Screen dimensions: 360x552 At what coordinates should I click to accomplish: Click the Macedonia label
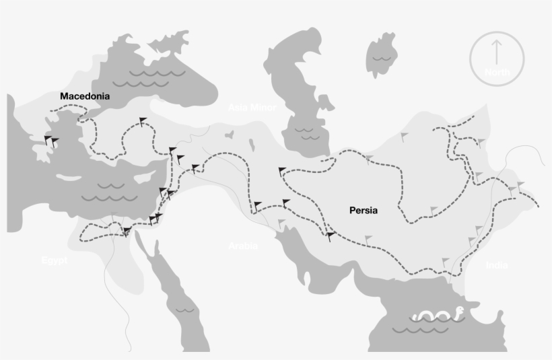pyautogui.click(x=85, y=96)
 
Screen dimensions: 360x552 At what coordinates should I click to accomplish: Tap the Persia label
pyautogui.click(x=364, y=211)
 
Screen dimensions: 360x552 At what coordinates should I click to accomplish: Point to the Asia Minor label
pyautogui.click(x=252, y=108)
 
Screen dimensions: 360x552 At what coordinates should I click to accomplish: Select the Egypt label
pyautogui.click(x=55, y=260)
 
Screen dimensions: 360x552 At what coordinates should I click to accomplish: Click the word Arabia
pyautogui.click(x=243, y=246)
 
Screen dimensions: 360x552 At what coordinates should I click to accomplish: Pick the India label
pyautogui.click(x=497, y=266)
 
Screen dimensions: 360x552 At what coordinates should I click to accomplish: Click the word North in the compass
pyautogui.click(x=497, y=72)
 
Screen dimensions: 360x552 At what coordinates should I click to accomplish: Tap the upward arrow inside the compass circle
pyautogui.click(x=497, y=51)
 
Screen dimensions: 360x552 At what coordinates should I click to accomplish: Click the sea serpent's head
pyautogui.click(x=458, y=311)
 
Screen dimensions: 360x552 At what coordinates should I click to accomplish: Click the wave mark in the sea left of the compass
pyautogui.click(x=383, y=59)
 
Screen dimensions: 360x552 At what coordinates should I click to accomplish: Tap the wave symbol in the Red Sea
pyautogui.click(x=184, y=310)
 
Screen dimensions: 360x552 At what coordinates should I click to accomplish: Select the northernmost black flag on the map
pyautogui.click(x=142, y=121)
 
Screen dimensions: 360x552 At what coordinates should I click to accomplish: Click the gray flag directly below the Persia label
pyautogui.click(x=368, y=238)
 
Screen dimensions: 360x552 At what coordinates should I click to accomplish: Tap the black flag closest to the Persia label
pyautogui.click(x=331, y=236)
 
